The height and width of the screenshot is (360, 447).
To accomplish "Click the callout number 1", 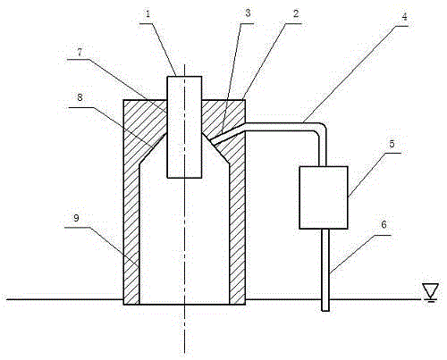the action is pos(148,14).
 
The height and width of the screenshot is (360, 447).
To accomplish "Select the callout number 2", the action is pos(296,13).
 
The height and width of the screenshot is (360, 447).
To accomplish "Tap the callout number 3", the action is pos(248,13).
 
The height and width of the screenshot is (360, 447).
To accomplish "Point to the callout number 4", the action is pos(404,16).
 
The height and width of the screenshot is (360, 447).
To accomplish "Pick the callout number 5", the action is pos(392,144).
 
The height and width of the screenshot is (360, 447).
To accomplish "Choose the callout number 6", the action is pos(384,224).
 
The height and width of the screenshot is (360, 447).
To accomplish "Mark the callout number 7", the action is pos(80,52).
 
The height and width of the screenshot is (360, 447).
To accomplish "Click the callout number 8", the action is pos(80,97).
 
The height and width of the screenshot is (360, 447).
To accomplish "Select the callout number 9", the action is pos(76,218).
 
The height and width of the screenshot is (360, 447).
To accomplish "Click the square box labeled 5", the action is pos(324,197).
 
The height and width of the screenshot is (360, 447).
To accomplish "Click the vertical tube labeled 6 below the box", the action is pos(325,270).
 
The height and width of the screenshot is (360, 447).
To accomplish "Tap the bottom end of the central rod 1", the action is pos(184,178).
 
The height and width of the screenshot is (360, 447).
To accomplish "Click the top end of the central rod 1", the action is pos(184,77).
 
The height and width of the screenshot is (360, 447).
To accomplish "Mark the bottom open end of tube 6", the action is pos(325,311).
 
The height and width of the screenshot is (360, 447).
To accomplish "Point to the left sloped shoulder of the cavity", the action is pos(153,148).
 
